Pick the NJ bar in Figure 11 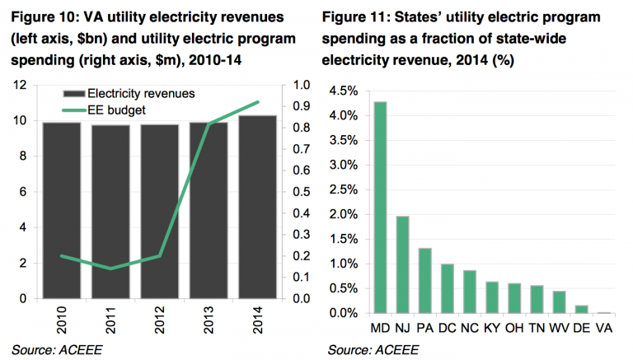point(403,264)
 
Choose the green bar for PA point(425,281)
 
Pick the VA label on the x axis point(603,328)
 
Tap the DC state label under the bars point(448,328)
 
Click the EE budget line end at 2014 point(258,102)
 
